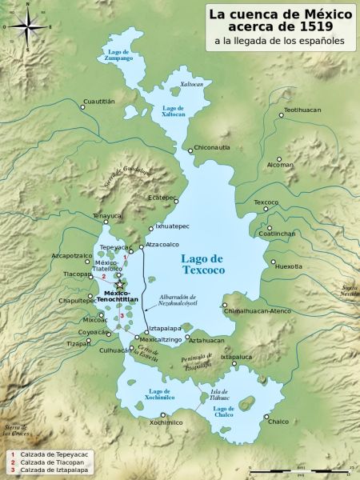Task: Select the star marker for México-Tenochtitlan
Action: tap(120, 285)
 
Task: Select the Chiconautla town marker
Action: tap(190, 149)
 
